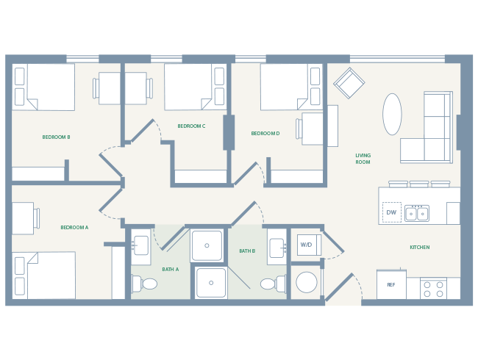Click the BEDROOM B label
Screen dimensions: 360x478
tap(56, 137)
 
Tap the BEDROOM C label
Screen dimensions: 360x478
tap(191, 126)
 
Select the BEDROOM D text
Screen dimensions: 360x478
tap(265, 133)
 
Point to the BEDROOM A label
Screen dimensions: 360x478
tap(74, 227)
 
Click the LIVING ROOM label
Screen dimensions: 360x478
tap(363, 158)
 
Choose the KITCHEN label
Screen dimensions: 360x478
tap(419, 247)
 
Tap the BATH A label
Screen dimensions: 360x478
tap(170, 269)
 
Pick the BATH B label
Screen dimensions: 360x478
tap(247, 251)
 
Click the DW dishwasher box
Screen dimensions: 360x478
tap(391, 212)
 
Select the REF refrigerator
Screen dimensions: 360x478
tap(391, 284)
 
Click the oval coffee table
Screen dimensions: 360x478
tap(392, 114)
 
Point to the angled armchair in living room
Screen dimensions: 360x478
tap(349, 83)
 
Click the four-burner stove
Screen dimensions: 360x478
tap(433, 288)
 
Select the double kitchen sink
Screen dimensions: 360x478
tap(417, 213)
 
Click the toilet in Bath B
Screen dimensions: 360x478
tap(270, 284)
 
